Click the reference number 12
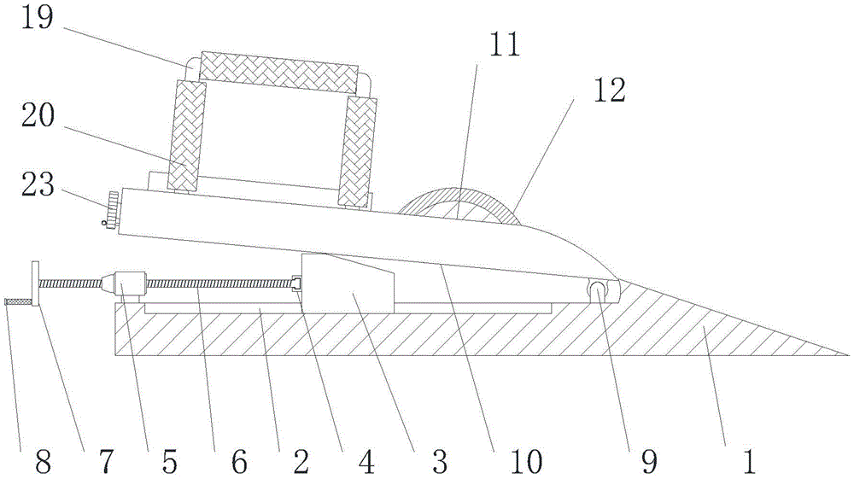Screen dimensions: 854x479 (x=611, y=91)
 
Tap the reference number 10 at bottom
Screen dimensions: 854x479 (x=525, y=462)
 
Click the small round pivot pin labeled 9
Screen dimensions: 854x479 (x=600, y=291)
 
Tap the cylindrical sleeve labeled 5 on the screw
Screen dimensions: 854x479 (x=131, y=283)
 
